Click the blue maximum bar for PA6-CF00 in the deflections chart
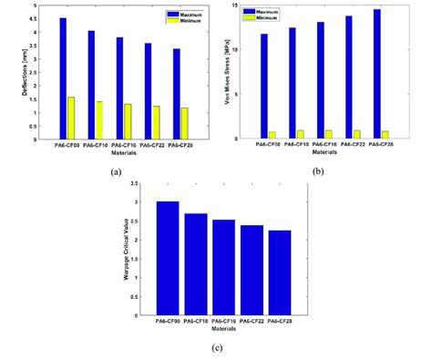62,78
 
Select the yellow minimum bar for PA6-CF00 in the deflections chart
71,118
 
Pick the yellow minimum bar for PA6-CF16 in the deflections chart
128,122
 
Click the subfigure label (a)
115,171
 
